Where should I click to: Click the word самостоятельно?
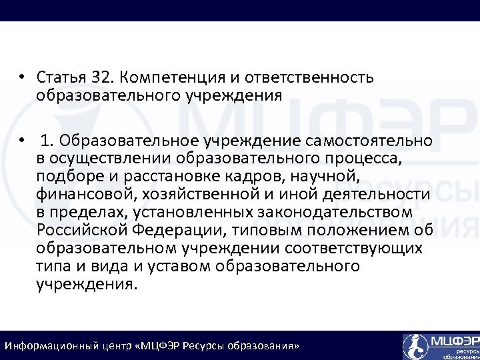370,141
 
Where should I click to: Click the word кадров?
237,177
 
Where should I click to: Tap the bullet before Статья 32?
22,77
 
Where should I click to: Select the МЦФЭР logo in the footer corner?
440,346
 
